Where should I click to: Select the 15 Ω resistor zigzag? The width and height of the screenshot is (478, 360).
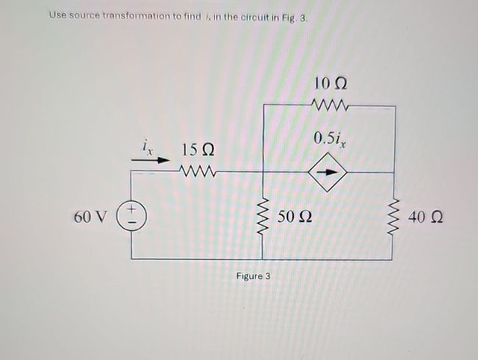point(196,173)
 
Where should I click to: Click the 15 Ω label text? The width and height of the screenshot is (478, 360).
point(197,151)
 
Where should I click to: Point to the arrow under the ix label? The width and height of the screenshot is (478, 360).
point(148,157)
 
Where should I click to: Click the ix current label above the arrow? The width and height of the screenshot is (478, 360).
point(147,145)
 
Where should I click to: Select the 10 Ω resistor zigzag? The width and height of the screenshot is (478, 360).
point(329,105)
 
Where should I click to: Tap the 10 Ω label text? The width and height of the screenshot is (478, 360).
point(329,83)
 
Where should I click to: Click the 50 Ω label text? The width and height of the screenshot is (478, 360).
point(296,217)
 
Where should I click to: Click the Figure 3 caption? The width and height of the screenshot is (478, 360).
point(253,276)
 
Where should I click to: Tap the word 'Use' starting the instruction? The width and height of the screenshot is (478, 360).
point(57,15)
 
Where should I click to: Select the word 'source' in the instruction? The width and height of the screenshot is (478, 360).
point(89,15)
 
